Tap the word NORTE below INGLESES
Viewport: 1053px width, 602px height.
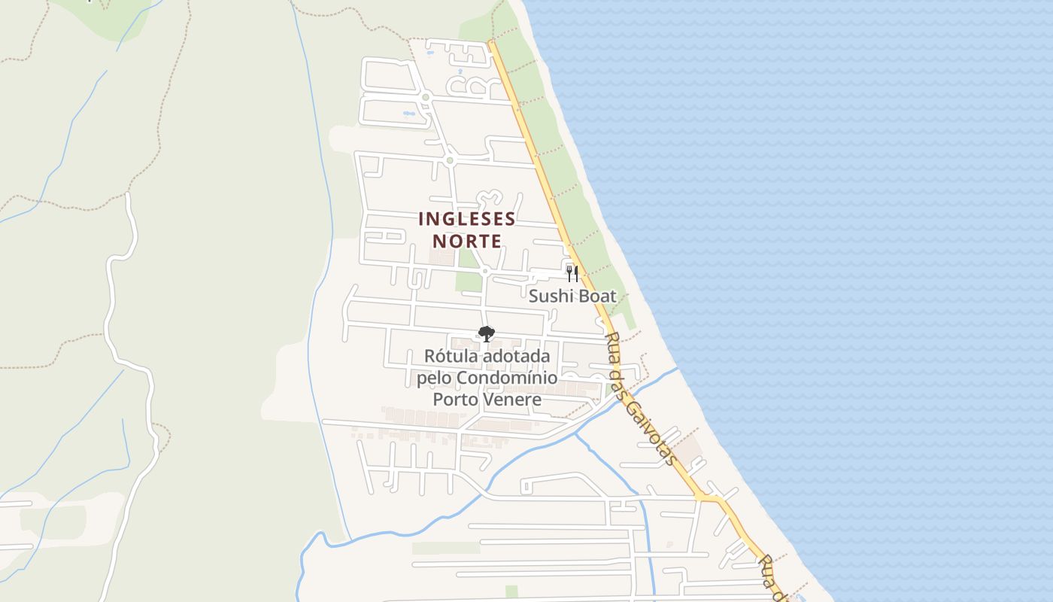[467, 241]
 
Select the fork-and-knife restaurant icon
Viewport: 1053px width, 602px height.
[572, 273]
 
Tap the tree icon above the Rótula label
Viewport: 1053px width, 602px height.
[487, 333]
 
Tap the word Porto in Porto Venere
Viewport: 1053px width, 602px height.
[455, 399]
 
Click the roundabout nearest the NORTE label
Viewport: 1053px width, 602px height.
[485, 271]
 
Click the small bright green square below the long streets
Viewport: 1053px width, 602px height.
[511, 591]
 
